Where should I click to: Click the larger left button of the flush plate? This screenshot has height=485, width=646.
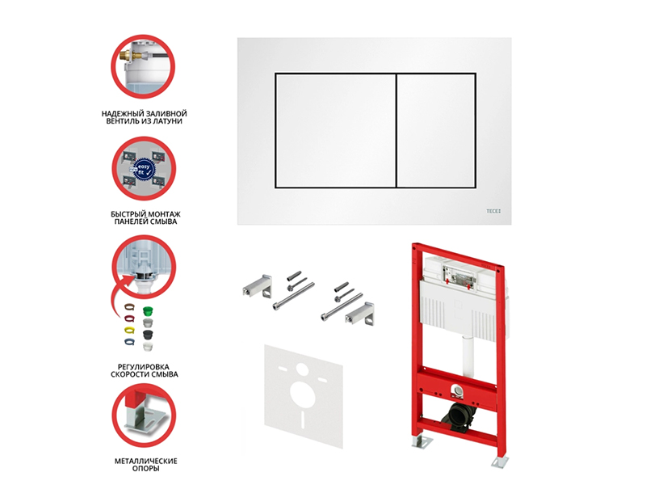(x=336, y=131)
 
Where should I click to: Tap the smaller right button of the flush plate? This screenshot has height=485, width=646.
(x=436, y=131)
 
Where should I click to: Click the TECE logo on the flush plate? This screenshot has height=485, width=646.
(x=493, y=211)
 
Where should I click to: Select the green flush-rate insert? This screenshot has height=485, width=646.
(x=148, y=311)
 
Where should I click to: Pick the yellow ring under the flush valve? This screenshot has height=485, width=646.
(x=129, y=331)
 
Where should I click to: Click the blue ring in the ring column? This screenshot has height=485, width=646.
(x=129, y=341)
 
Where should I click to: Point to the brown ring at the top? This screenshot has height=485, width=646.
(x=129, y=307)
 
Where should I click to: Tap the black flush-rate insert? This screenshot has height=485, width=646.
(x=149, y=335)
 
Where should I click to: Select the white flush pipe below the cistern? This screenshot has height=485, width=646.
(x=468, y=356)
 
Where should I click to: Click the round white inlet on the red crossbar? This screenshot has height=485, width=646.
(x=456, y=390)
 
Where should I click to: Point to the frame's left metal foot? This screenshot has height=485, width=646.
(x=421, y=441)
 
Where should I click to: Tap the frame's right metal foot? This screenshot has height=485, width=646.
(x=499, y=462)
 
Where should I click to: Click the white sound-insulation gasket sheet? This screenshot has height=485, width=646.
(x=304, y=396)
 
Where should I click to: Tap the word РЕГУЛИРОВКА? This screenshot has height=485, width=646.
(x=144, y=367)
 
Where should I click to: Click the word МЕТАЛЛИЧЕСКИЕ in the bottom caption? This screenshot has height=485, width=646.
(x=146, y=461)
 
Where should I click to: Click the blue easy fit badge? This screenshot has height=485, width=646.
(x=144, y=169)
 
